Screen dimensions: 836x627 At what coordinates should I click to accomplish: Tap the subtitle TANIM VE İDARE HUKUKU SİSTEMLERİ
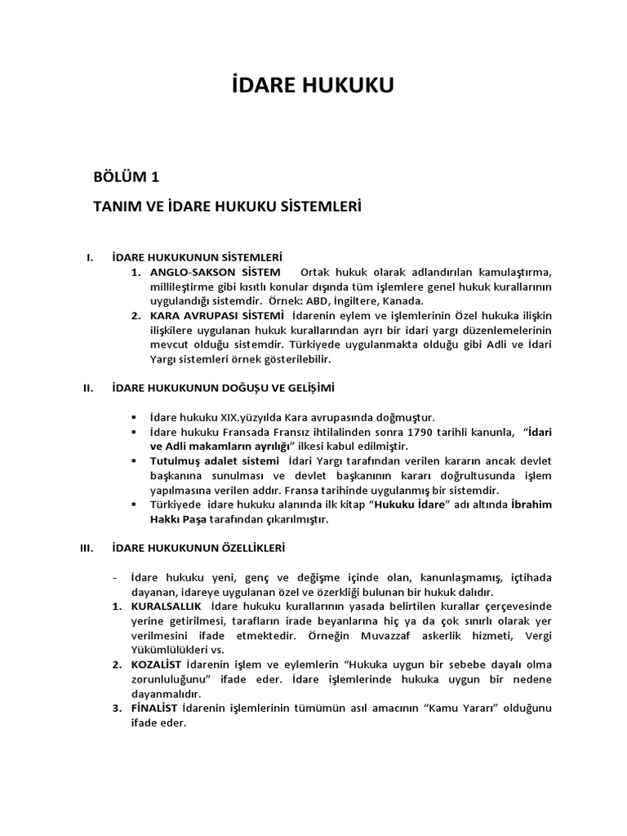pyautogui.click(x=228, y=207)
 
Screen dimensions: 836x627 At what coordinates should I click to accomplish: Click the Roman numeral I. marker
pyautogui.click(x=89, y=258)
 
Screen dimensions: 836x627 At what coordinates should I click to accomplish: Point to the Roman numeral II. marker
pyautogui.click(x=89, y=387)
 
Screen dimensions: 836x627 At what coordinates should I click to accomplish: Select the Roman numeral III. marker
pyautogui.click(x=88, y=548)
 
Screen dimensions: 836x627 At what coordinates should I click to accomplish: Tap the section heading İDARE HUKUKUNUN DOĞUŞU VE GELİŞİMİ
pyautogui.click(x=224, y=387)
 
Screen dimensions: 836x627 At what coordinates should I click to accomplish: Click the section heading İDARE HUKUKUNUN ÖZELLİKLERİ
pyautogui.click(x=198, y=548)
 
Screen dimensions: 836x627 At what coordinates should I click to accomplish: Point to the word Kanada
pyautogui.click(x=403, y=300)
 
